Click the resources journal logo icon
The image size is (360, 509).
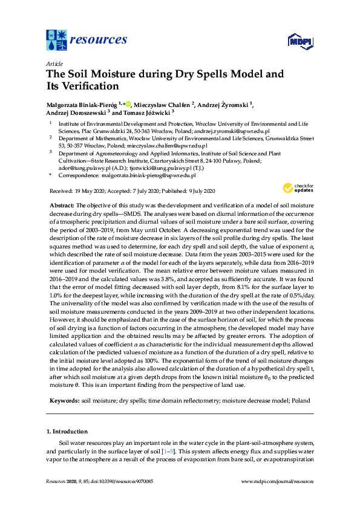pos(57,40)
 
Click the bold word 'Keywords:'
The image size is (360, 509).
pos(63,401)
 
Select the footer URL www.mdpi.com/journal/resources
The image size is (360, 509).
pos(277,482)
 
